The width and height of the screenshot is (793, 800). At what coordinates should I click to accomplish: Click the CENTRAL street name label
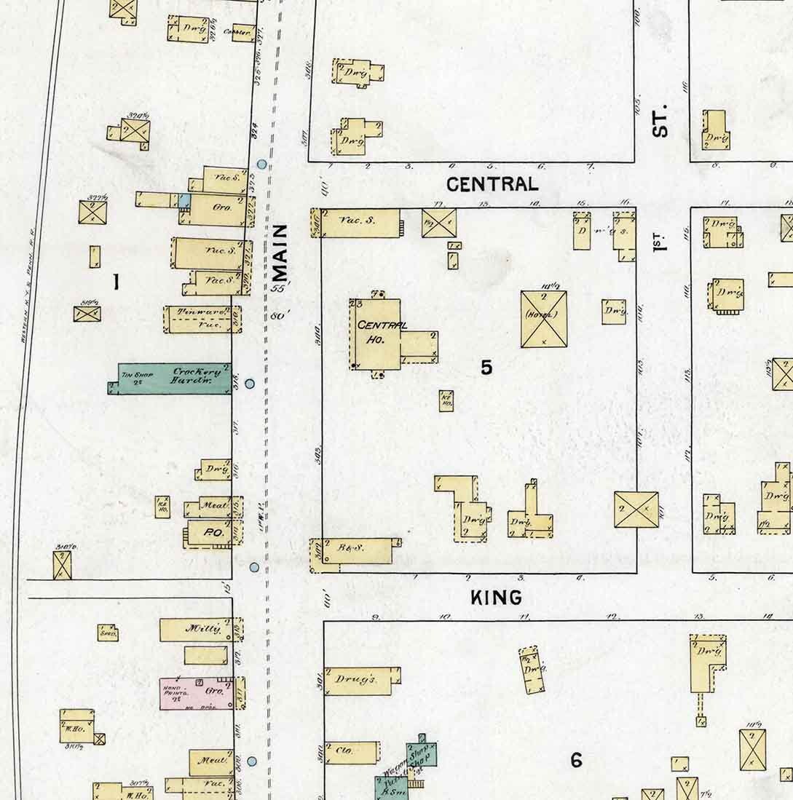492,184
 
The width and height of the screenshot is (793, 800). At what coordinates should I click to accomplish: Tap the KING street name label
496,598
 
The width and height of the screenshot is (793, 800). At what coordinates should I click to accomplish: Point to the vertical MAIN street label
280,253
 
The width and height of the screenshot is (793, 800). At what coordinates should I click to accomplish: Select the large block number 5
486,368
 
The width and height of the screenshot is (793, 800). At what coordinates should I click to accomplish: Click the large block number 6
576,761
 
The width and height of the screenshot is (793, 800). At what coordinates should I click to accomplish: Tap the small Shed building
108,633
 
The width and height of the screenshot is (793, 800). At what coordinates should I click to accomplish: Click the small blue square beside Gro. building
185,199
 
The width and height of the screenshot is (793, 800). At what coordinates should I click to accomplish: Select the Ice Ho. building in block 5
446,401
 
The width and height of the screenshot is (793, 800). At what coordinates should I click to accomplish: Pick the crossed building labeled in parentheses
543,319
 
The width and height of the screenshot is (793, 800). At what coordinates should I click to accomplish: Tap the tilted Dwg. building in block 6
533,669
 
